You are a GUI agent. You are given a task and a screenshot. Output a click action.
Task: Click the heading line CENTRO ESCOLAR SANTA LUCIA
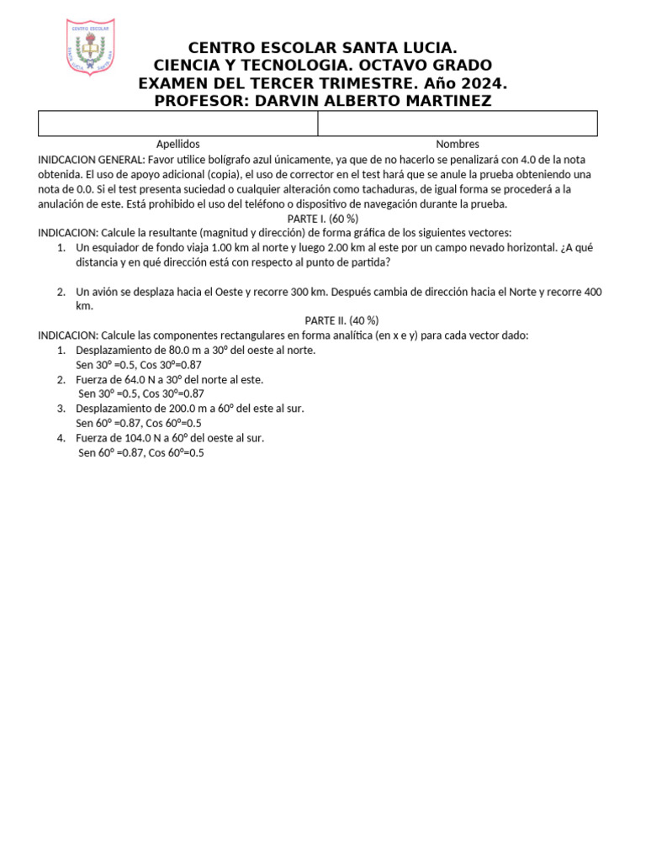click(323, 48)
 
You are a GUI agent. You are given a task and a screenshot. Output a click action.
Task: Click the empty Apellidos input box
click(177, 124)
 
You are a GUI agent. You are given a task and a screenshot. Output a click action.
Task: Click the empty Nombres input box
click(457, 124)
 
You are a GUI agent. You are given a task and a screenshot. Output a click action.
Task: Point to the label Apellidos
click(177, 144)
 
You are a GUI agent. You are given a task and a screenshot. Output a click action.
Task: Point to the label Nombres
click(457, 144)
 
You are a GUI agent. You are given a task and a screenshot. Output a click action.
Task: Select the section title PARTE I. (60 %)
click(323, 219)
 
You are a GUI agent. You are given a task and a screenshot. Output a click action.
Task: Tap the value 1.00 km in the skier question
click(223, 248)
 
